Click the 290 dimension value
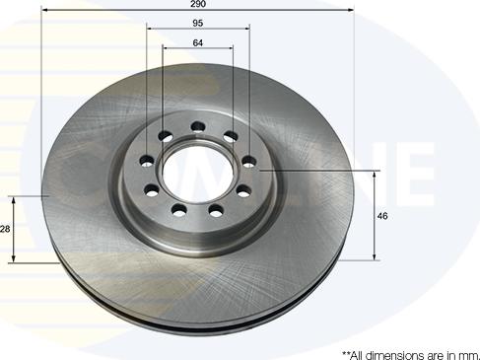(198, 4)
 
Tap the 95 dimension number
(198, 23)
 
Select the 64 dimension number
(198, 42)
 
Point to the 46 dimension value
(382, 216)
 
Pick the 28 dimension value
(5, 229)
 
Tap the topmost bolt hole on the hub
(198, 126)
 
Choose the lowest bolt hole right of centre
(216, 210)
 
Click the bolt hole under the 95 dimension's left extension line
(147, 161)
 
